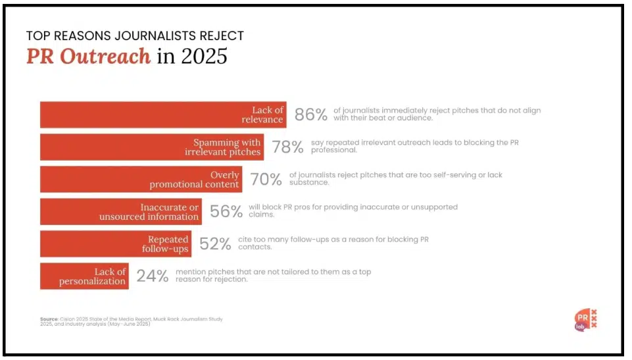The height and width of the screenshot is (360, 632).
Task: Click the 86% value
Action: pos(310,115)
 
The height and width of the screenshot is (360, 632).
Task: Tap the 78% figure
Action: pos(287,147)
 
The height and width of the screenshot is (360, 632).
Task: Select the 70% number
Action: pos(266,179)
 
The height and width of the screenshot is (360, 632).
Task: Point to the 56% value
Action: pos(225,211)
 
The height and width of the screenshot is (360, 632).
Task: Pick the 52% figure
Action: pos(215,244)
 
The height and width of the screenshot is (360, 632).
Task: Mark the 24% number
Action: pos(152,276)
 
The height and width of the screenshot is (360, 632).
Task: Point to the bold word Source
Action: pos(49,319)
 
